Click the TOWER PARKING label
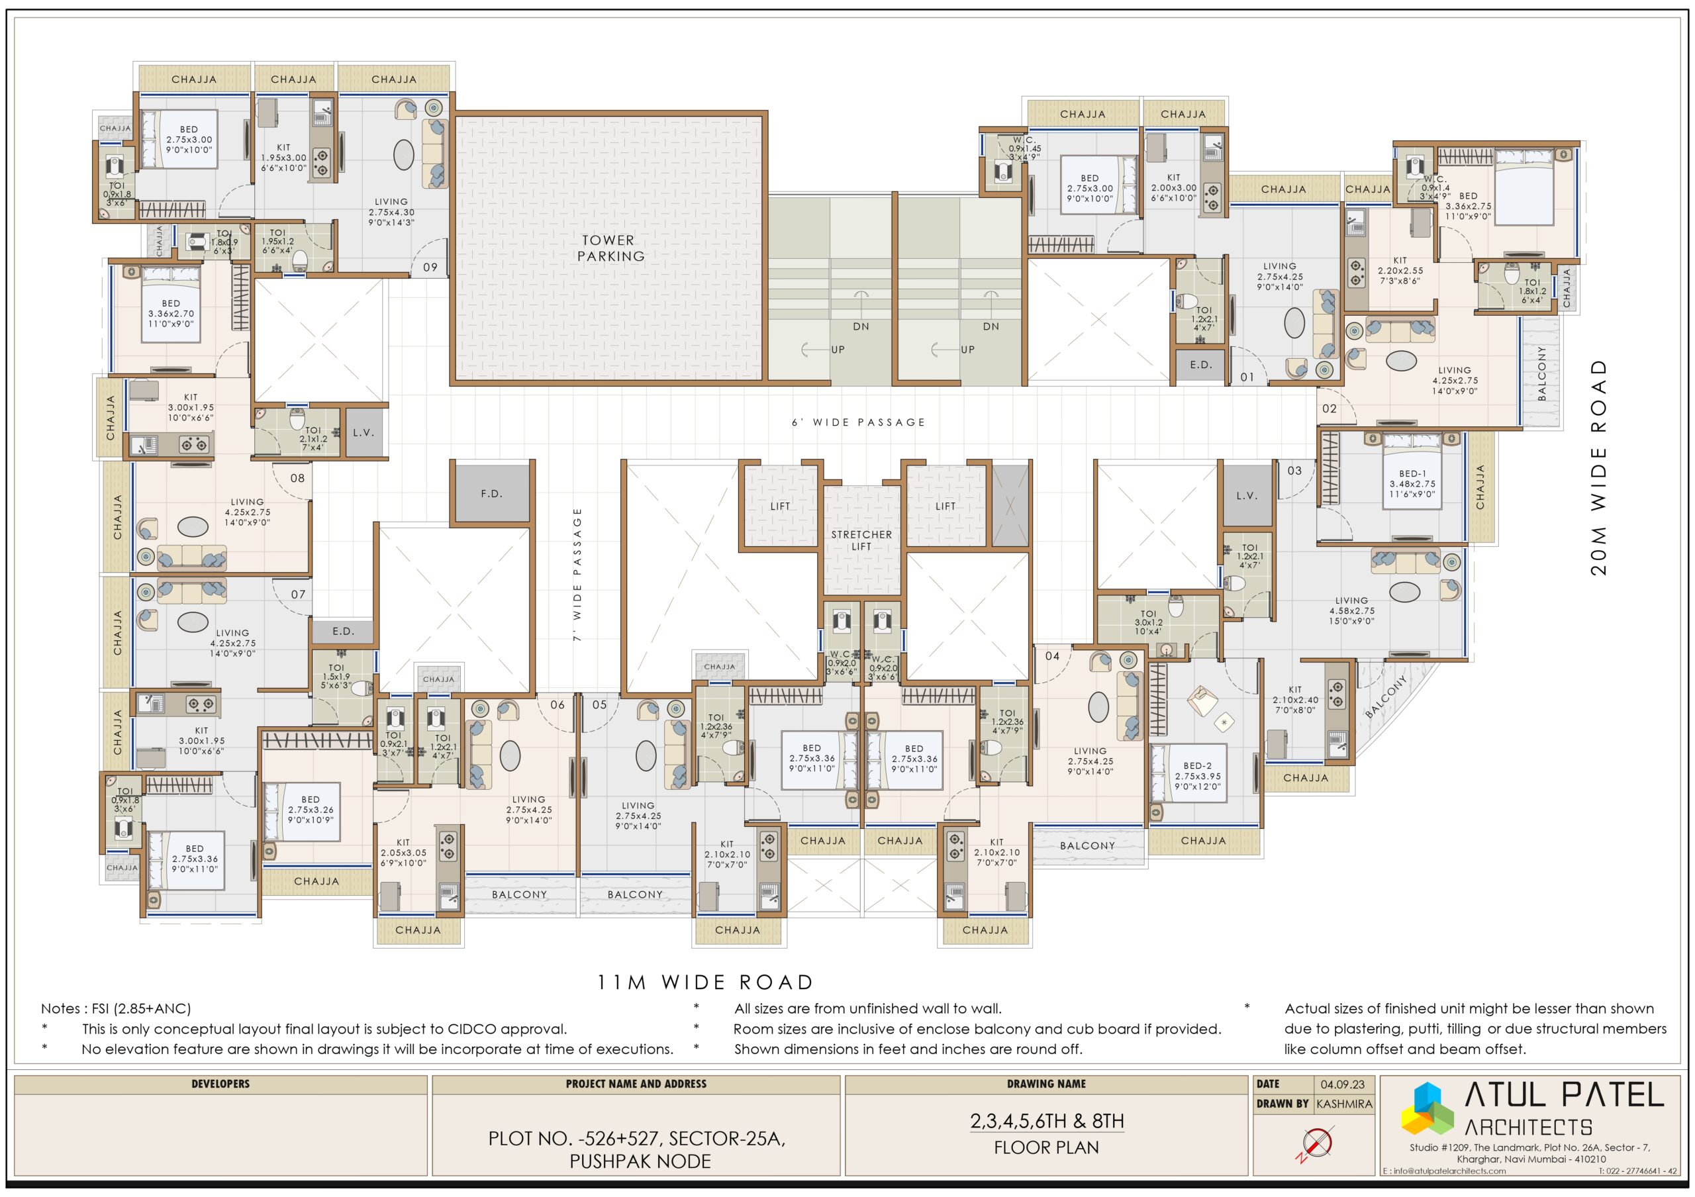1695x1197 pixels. click(x=610, y=248)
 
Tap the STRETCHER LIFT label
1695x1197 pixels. click(x=861, y=540)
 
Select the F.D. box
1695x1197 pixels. click(x=492, y=494)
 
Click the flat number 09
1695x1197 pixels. click(x=430, y=267)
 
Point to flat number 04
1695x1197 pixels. click(x=1052, y=656)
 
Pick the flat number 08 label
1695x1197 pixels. click(x=297, y=478)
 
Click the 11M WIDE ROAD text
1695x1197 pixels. click(x=705, y=982)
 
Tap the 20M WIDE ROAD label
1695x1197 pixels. click(x=1599, y=468)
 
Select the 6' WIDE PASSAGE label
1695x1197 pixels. click(x=859, y=422)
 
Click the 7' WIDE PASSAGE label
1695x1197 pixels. click(x=577, y=573)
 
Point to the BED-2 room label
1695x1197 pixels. click(x=1198, y=766)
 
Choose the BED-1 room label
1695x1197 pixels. click(x=1413, y=474)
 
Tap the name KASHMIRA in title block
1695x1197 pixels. click(x=1344, y=1104)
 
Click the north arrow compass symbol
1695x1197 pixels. click(x=1317, y=1143)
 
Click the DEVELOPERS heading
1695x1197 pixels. click(x=220, y=1084)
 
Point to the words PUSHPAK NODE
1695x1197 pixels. click(x=640, y=1161)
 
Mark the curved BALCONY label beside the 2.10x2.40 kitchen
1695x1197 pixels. click(x=1387, y=696)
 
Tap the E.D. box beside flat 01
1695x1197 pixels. click(x=1201, y=365)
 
